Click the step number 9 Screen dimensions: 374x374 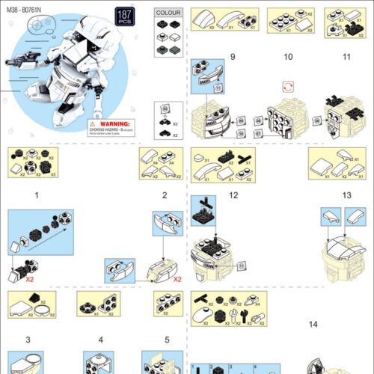click(233, 57)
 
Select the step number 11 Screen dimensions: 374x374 click(346, 57)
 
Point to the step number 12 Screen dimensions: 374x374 click(233, 195)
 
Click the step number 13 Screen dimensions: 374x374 click(346, 195)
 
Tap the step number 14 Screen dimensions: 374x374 click(312, 324)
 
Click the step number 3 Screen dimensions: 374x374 click(28, 340)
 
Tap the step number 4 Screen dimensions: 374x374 click(100, 340)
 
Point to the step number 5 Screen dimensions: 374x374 click(168, 340)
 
